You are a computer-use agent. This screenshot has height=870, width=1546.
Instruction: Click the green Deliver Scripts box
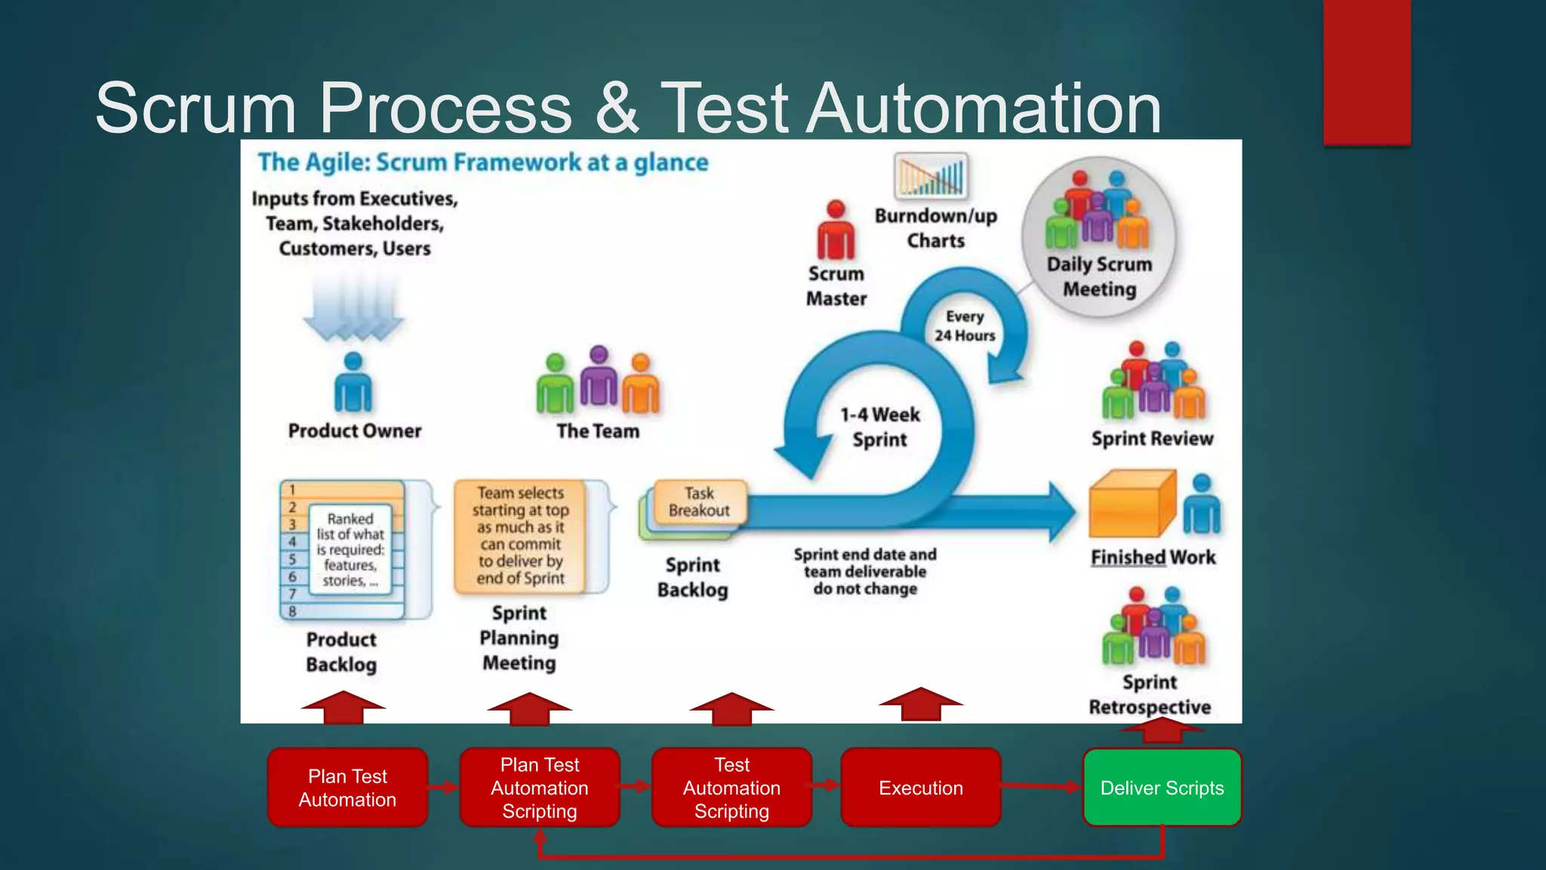pyautogui.click(x=1162, y=788)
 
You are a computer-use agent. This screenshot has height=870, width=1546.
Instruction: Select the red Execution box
pyautogui.click(x=920, y=788)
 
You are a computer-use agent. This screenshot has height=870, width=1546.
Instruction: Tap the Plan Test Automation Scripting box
pyautogui.click(x=539, y=788)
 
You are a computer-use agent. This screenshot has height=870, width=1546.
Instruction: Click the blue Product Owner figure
pyautogui.click(x=353, y=383)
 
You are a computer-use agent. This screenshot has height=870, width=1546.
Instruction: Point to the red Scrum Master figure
pyautogui.click(x=836, y=230)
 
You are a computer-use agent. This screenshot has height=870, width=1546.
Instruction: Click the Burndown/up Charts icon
pyautogui.click(x=931, y=176)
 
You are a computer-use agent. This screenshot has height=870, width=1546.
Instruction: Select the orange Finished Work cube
pyautogui.click(x=1132, y=504)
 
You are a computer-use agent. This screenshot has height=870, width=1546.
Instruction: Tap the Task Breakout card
pyautogui.click(x=699, y=502)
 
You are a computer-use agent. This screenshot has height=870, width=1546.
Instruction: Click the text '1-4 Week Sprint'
pyautogui.click(x=880, y=427)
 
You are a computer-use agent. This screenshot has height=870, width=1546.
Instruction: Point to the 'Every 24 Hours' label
pyautogui.click(x=965, y=326)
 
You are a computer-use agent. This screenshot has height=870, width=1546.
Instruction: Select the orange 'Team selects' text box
pyautogui.click(x=520, y=535)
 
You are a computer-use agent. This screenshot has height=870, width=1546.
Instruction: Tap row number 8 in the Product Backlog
pyautogui.click(x=293, y=611)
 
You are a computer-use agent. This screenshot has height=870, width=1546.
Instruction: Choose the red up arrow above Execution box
pyautogui.click(x=920, y=704)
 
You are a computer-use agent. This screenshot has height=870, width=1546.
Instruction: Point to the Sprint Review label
pyautogui.click(x=1152, y=439)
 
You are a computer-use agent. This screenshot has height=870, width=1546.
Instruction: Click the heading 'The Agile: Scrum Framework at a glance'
pyautogui.click(x=483, y=162)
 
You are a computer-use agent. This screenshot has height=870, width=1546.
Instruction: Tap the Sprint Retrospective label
pyautogui.click(x=1150, y=695)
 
